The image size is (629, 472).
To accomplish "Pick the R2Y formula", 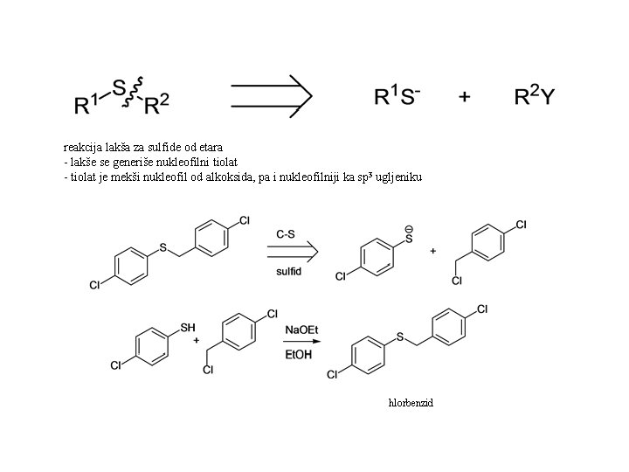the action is pos(533,96).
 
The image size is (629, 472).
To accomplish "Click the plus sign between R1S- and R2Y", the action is pos(465,97).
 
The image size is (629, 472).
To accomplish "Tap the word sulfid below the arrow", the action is pos(288,271).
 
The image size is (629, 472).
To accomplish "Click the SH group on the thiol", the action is pos(187,328).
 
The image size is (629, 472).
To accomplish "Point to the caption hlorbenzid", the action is pos(411,403).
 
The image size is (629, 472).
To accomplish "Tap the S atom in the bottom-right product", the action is pos(399,337).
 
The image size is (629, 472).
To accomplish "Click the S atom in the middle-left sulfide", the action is pos(163,248).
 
